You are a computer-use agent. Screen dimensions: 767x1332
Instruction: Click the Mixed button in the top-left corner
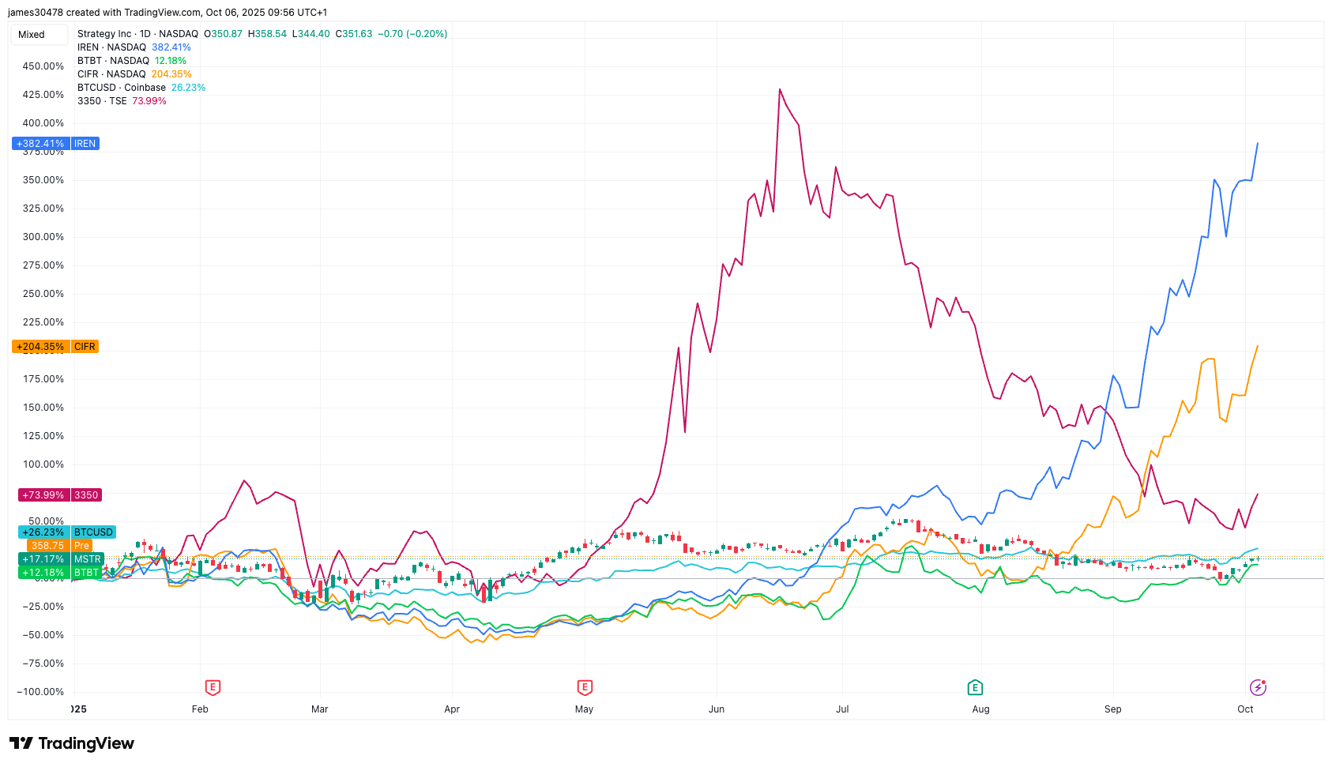[x=32, y=35]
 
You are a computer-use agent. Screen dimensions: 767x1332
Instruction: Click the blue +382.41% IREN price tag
[x=55, y=144]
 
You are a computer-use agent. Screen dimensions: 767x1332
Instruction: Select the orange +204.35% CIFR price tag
[x=55, y=347]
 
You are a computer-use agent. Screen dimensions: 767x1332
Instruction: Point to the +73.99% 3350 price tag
[x=59, y=495]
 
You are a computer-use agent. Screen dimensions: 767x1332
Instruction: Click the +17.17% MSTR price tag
[x=62, y=559]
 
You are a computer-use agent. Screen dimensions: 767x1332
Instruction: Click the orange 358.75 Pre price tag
[x=60, y=546]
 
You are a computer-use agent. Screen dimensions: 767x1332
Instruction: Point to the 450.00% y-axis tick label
[x=43, y=66]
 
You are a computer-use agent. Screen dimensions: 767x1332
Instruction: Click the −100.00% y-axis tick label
[x=41, y=692]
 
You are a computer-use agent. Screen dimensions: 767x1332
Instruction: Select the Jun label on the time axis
[x=717, y=709]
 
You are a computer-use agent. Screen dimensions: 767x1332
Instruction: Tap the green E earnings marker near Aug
[x=975, y=688]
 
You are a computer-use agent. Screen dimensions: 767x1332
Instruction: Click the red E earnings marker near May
[x=585, y=688]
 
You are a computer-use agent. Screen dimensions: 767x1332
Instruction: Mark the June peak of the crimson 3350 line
[x=780, y=89]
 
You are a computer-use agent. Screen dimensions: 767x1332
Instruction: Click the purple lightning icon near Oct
[x=1258, y=688]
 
